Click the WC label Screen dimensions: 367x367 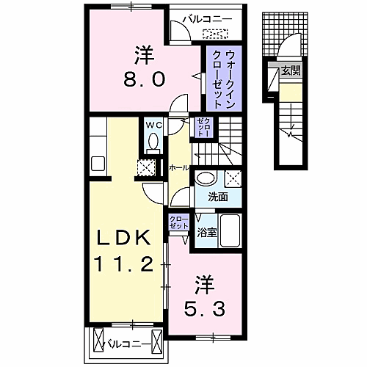point(154,126)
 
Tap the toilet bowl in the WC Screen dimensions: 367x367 point(153,141)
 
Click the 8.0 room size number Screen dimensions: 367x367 point(144,79)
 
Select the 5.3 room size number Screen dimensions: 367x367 point(204,309)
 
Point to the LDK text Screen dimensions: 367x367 point(124,237)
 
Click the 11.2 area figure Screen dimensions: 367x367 point(124,264)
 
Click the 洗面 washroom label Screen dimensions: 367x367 point(218,197)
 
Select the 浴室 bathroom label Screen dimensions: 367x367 point(207,233)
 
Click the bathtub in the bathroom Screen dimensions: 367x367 point(230,230)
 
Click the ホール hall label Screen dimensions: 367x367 point(179,168)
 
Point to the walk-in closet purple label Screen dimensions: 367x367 point(224,79)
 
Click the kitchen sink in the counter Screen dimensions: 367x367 point(98,164)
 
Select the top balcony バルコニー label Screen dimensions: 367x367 point(208,19)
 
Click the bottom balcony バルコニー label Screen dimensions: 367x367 point(127,345)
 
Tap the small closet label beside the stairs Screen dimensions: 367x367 point(204,127)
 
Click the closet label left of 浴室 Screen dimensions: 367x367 point(179,222)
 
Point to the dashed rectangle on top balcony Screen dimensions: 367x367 point(215,34)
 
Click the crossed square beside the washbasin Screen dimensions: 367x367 point(233,179)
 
